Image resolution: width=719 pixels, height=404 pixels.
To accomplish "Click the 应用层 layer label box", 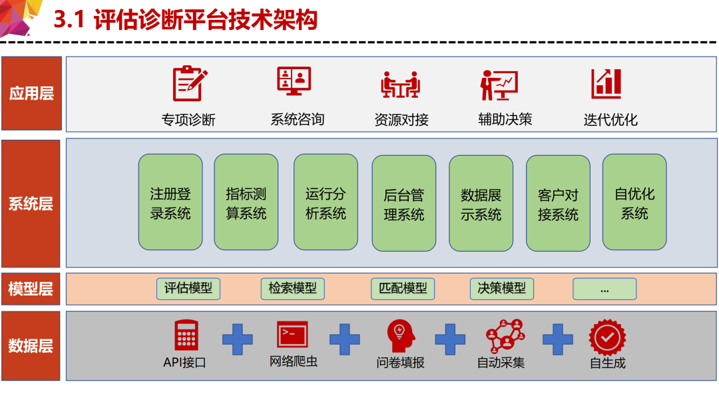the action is click(32, 94).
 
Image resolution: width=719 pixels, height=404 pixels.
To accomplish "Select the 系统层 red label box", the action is click(31, 204).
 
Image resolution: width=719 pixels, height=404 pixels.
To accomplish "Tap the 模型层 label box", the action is click(31, 289).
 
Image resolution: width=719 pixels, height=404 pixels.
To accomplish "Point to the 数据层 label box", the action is click(31, 345).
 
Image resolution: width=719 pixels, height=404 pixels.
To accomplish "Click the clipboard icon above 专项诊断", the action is click(189, 83).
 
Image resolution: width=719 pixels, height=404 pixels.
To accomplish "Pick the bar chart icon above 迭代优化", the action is click(606, 84).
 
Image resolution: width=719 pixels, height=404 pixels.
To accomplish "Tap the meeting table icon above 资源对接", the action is click(400, 85).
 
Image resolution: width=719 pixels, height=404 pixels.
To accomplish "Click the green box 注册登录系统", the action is click(170, 202).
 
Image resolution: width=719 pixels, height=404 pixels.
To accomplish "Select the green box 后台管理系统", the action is click(404, 203).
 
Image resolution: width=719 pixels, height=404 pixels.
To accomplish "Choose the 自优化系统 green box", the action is click(634, 202).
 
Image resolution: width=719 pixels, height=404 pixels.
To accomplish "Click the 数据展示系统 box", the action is click(481, 203).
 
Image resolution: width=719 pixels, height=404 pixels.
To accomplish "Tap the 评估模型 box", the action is click(188, 288).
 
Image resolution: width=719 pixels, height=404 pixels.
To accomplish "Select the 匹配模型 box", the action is click(403, 288).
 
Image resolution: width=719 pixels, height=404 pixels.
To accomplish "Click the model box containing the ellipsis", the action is click(604, 288).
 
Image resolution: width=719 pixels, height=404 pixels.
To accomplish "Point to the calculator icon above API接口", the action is click(186, 335).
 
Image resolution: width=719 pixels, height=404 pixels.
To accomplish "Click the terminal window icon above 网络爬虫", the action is click(292, 334).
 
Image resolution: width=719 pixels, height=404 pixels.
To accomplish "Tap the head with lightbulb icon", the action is click(401, 336).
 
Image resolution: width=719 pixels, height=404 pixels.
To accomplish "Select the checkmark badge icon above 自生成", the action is click(608, 337).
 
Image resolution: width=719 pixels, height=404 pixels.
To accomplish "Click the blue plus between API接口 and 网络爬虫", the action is click(238, 339).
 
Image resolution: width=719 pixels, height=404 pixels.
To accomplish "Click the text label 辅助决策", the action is click(505, 119).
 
